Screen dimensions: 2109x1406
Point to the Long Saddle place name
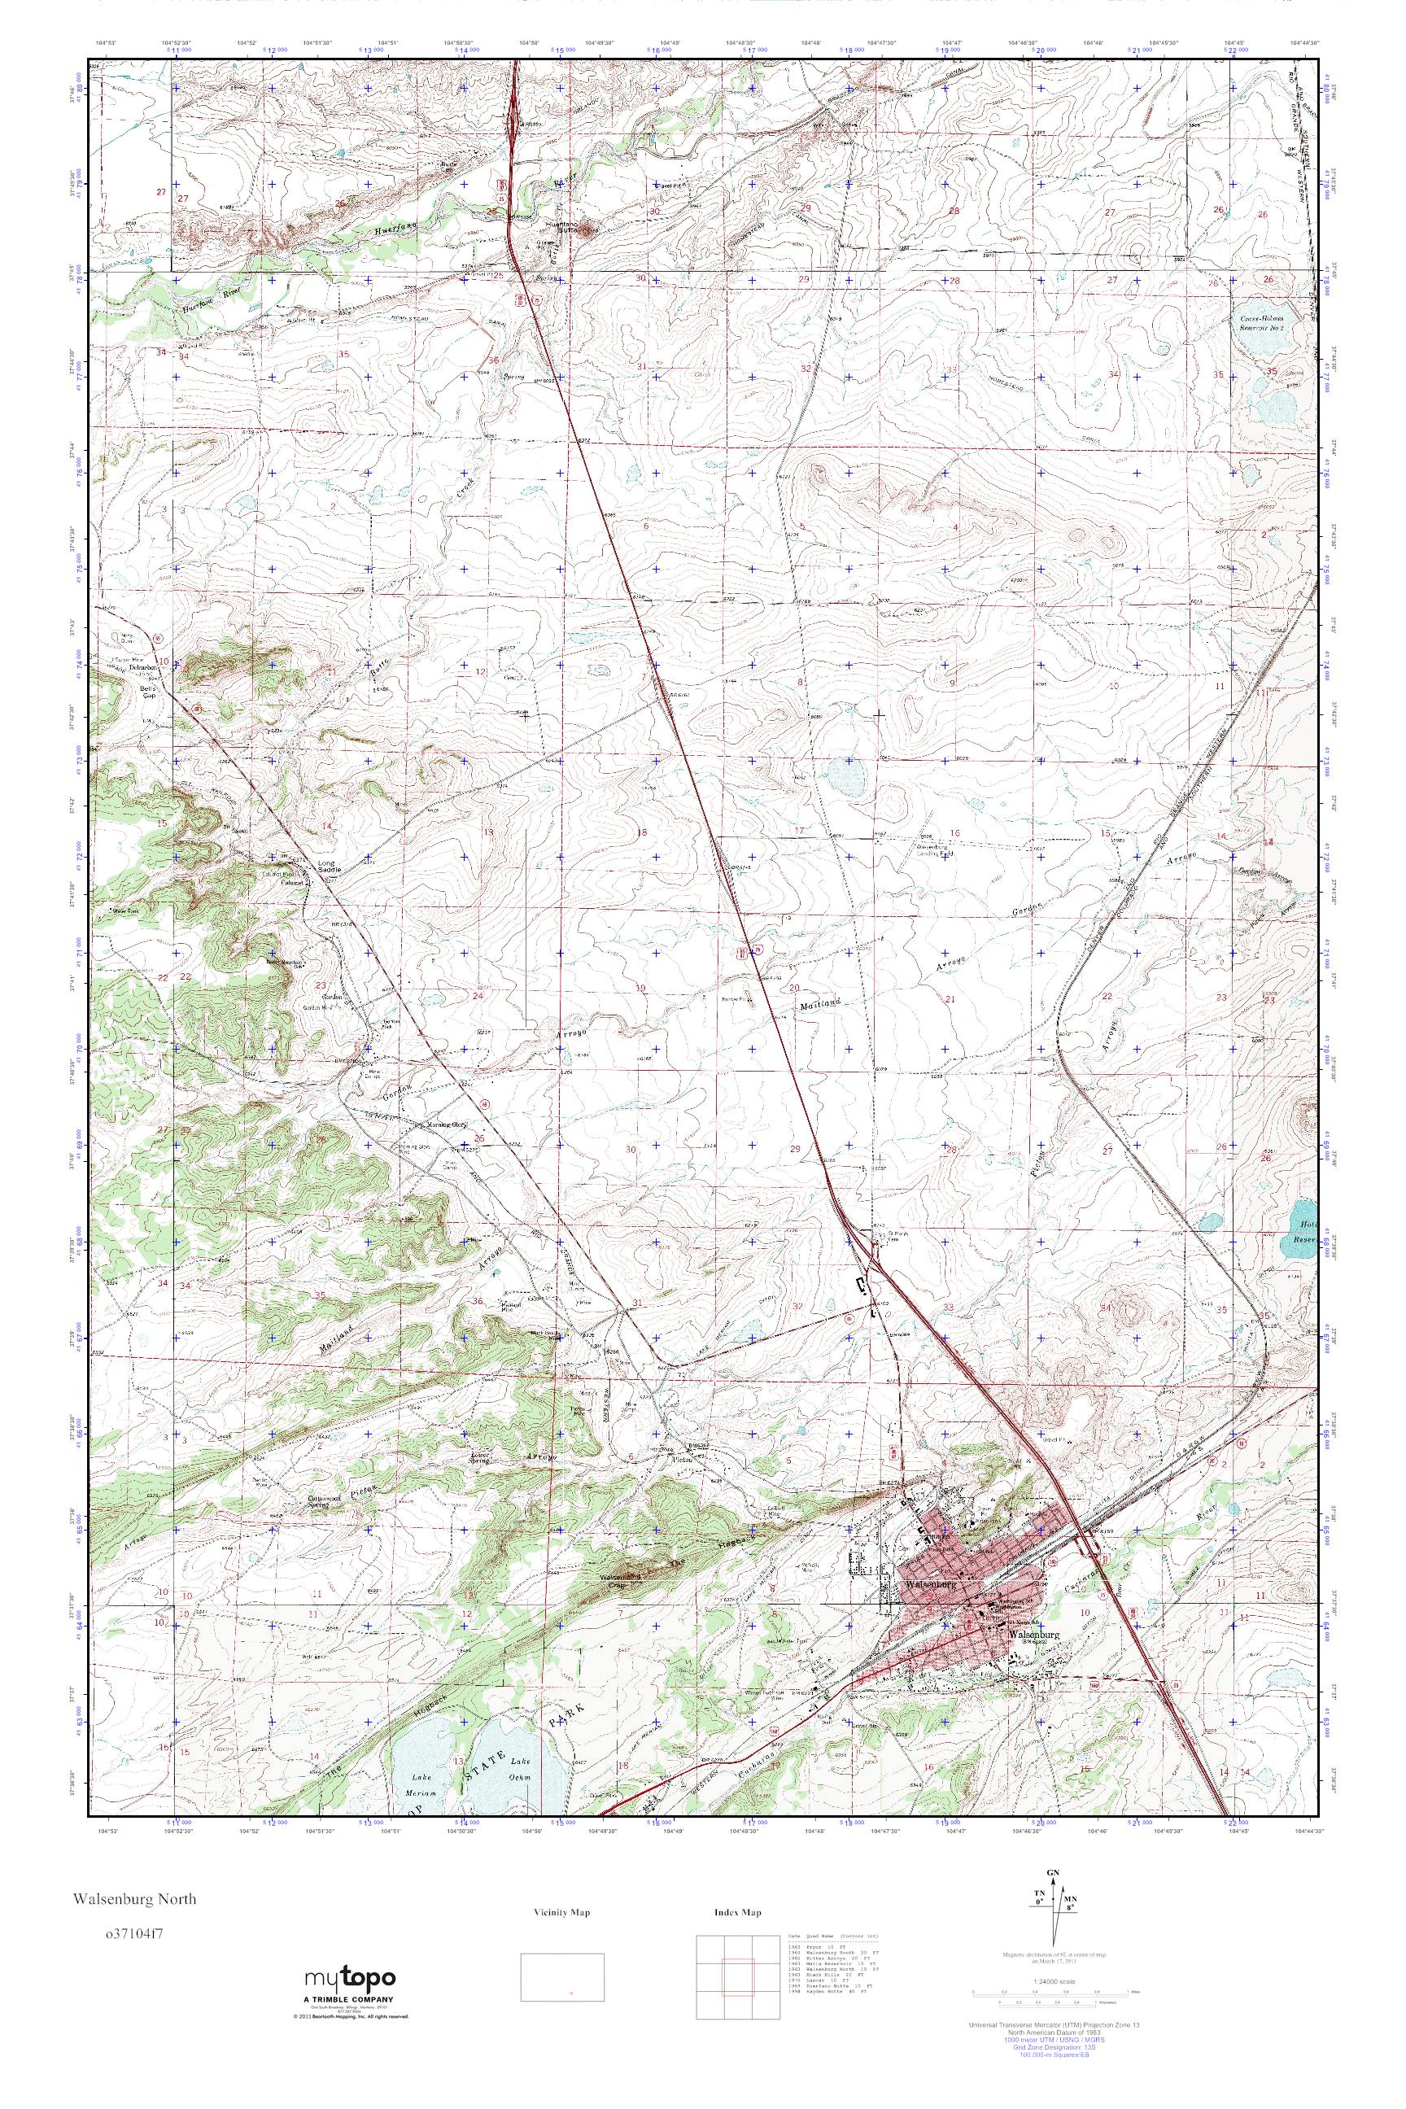point(330,867)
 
